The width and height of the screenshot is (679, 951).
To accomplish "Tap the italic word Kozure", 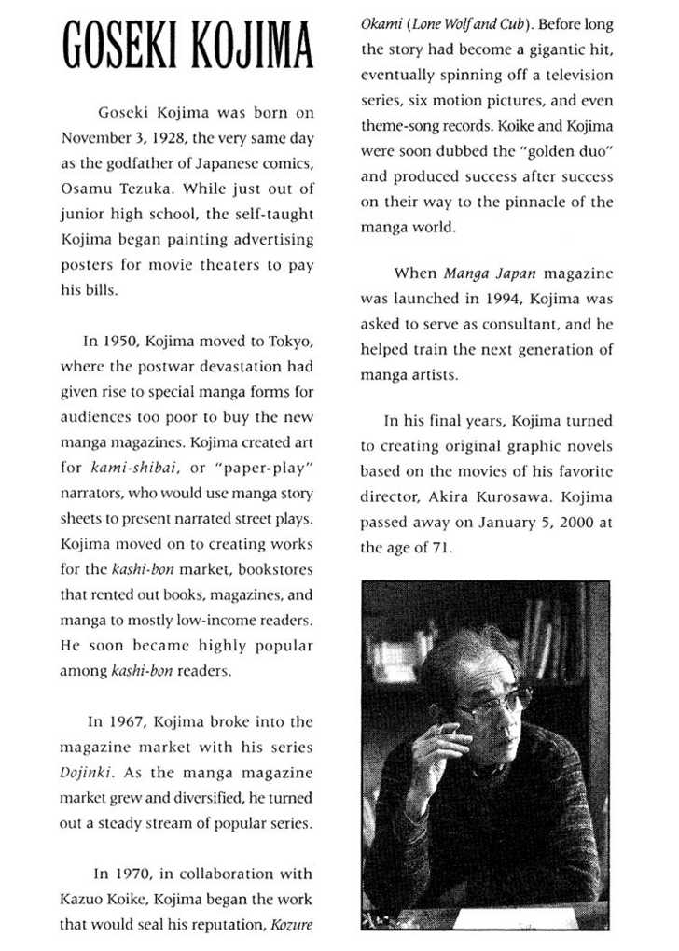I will (291, 925).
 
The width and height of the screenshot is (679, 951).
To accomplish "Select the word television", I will (573, 75).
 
